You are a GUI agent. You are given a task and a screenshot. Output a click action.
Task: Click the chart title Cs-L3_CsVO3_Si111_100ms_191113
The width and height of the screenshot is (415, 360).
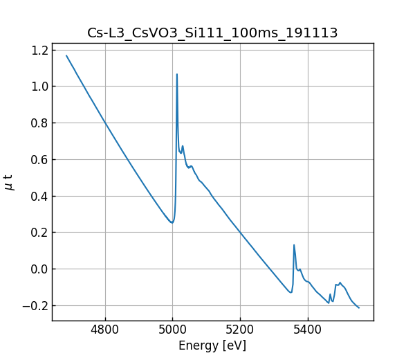[212, 33]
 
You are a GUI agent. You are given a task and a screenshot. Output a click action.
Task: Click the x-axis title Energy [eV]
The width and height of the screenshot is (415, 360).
[212, 345]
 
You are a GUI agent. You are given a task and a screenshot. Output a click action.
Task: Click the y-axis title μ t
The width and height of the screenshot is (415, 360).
[9, 182]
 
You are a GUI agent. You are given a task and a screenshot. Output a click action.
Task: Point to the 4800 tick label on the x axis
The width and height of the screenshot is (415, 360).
[105, 330]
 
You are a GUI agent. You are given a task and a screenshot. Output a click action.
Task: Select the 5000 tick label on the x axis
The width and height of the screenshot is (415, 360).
[173, 330]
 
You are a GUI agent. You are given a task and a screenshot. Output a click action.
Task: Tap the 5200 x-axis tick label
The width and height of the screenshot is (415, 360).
[240, 330]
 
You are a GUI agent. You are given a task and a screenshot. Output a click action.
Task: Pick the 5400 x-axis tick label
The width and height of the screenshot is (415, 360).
[308, 330]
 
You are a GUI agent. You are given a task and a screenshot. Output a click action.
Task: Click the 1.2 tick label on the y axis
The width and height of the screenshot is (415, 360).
[40, 50]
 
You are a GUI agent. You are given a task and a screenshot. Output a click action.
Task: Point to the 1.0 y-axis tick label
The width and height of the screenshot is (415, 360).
[40, 87]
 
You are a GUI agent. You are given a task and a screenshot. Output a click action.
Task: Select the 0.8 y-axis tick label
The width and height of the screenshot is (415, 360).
[40, 123]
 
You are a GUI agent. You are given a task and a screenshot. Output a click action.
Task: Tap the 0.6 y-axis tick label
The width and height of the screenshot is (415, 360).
[40, 159]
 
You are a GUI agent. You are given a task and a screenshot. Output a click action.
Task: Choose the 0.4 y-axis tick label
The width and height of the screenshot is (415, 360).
[40, 196]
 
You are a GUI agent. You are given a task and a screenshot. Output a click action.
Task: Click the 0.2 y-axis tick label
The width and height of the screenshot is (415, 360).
[40, 233]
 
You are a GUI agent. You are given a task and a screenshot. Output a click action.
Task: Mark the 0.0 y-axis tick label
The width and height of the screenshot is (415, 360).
[40, 269]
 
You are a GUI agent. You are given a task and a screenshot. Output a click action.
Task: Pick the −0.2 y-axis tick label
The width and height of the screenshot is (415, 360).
[36, 305]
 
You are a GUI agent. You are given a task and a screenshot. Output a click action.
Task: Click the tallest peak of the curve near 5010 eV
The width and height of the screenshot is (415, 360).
[177, 74]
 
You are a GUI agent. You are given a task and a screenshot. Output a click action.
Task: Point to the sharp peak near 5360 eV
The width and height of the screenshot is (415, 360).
[294, 244]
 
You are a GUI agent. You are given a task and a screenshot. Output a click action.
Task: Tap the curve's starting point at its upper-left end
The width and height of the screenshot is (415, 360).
[66, 55]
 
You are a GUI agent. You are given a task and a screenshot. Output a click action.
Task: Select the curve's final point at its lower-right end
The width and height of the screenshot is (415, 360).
[359, 307]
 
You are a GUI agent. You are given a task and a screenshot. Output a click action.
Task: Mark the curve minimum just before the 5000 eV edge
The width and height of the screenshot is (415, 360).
[172, 222]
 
